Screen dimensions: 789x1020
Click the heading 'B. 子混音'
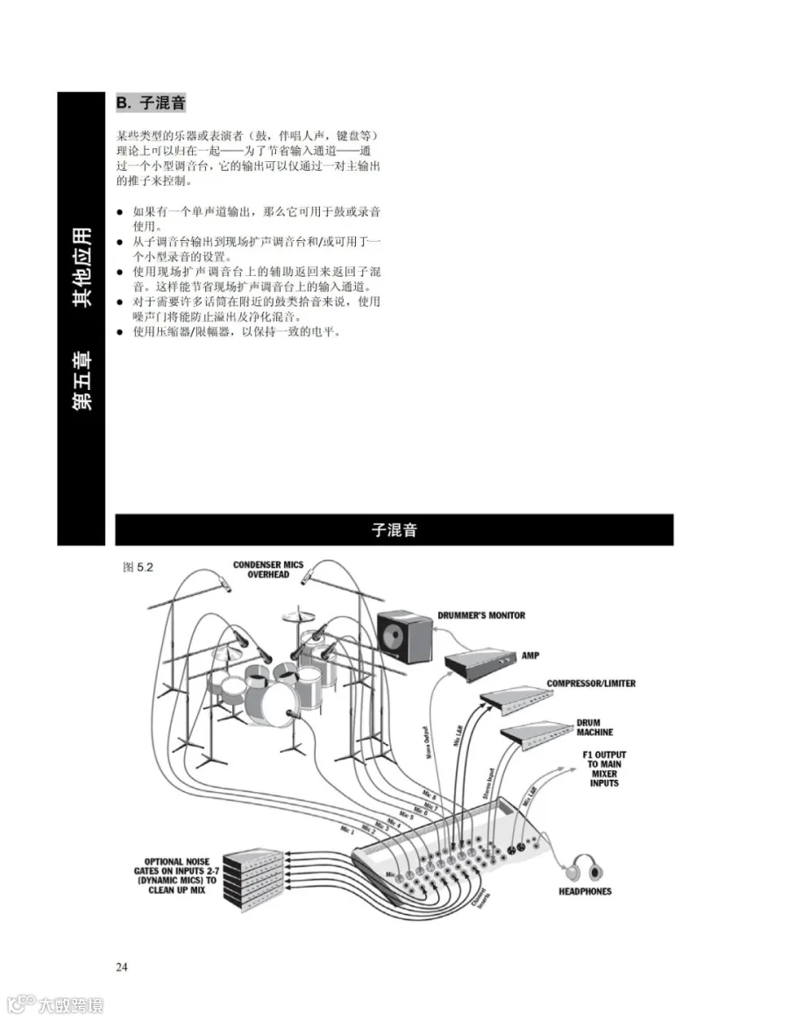click(x=151, y=103)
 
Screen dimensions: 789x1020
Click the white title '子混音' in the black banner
click(x=394, y=529)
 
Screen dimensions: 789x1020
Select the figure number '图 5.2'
click(x=139, y=568)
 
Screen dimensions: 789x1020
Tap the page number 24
click(x=122, y=967)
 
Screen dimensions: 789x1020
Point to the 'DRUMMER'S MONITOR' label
click(x=481, y=615)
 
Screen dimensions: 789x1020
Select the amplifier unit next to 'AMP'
click(x=480, y=663)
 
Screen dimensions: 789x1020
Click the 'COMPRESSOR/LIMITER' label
click(x=591, y=684)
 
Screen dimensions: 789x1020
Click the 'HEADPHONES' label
click(x=585, y=892)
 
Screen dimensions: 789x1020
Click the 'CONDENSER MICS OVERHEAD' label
click(x=267, y=570)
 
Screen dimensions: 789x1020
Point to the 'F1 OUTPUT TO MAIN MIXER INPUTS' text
click(x=604, y=769)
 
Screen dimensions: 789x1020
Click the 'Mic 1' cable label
click(x=348, y=829)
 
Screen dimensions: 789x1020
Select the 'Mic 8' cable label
click(x=429, y=796)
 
